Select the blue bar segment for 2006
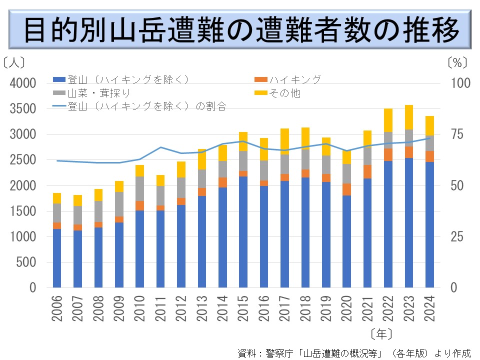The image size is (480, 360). [57, 258]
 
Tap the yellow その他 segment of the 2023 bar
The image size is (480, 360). [409, 117]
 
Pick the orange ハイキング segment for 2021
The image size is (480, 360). [367, 171]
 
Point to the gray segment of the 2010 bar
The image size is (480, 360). [139, 188]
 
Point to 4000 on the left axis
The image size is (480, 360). [22, 83]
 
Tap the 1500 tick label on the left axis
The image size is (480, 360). [22, 211]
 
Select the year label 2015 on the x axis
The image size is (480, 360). [243, 308]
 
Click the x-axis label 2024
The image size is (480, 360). [429, 308]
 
